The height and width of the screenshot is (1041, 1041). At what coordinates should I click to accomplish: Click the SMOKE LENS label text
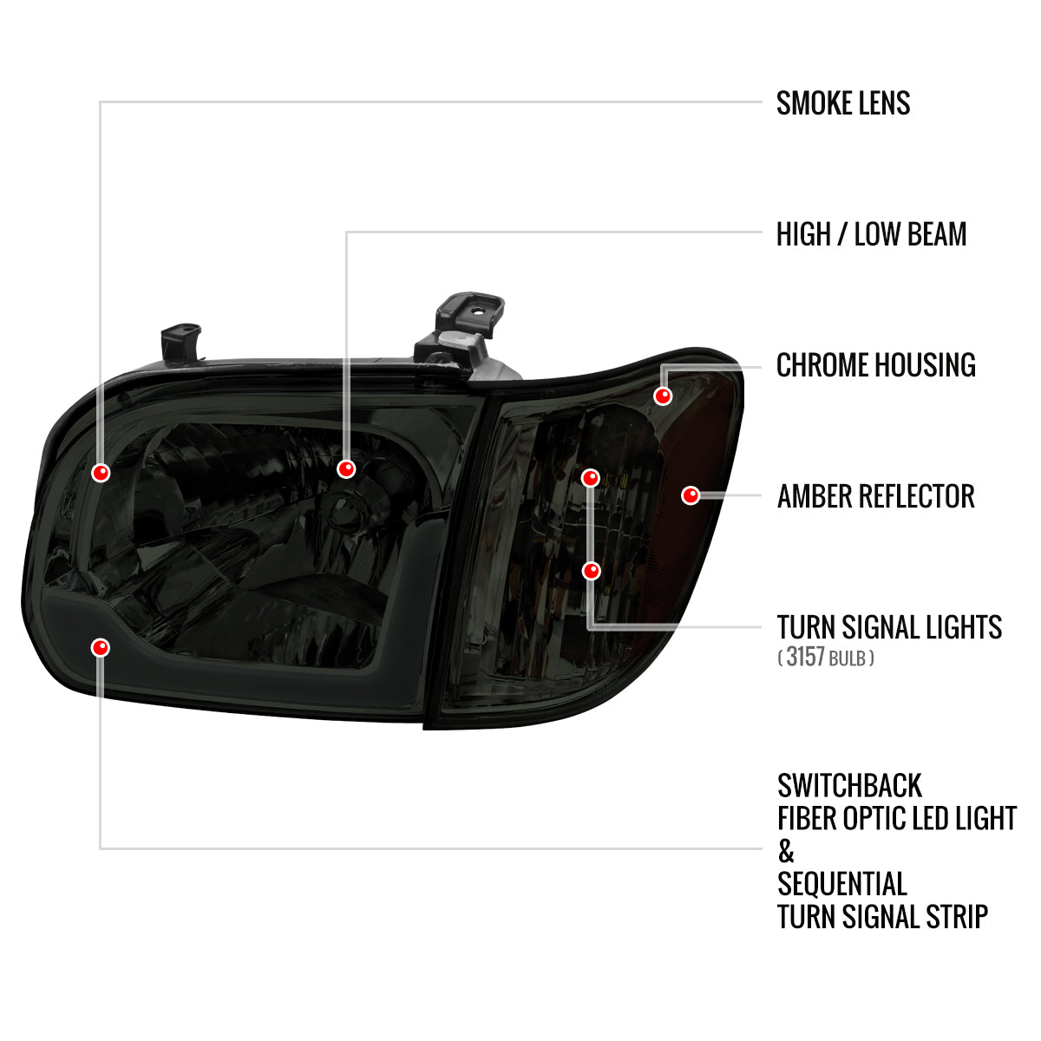(x=842, y=103)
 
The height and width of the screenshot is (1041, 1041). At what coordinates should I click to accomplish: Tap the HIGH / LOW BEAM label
(x=871, y=234)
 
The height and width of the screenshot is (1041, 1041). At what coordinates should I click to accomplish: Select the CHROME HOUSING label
(x=875, y=365)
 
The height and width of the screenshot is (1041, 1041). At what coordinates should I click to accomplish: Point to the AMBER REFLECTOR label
(x=875, y=496)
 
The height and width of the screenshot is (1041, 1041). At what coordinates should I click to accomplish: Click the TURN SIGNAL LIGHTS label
(x=889, y=627)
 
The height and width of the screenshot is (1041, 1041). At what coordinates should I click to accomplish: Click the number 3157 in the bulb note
(x=805, y=657)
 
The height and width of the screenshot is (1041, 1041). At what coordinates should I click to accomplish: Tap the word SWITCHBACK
(x=849, y=786)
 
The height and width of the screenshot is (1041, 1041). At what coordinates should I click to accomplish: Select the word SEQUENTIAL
(x=842, y=885)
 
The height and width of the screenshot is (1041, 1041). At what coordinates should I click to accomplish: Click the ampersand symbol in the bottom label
(x=786, y=852)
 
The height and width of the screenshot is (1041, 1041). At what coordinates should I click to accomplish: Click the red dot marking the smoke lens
(x=101, y=473)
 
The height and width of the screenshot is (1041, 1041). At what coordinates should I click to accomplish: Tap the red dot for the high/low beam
(x=346, y=469)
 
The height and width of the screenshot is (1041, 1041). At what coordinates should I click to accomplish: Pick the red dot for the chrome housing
(x=663, y=396)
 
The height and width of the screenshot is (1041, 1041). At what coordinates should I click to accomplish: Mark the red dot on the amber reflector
(x=691, y=495)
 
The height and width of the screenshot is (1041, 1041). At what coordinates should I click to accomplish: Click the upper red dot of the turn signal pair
(x=591, y=478)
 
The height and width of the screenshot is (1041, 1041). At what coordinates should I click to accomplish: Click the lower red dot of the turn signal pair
(x=591, y=571)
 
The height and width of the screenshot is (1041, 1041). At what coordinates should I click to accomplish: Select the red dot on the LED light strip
(x=101, y=647)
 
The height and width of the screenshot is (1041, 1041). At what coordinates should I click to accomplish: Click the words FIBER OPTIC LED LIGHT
(x=896, y=819)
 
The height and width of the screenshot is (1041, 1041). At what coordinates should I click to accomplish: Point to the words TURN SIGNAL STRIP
(x=882, y=917)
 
